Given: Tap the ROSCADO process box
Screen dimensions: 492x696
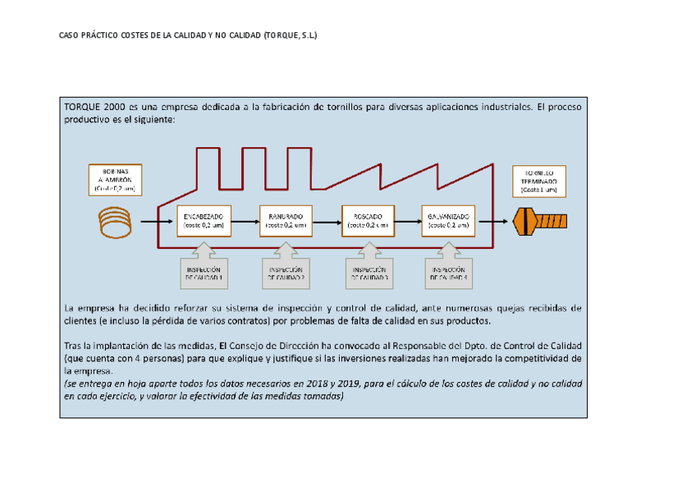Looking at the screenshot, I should click(367, 220).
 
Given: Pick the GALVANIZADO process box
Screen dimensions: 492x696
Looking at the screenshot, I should click(449, 220).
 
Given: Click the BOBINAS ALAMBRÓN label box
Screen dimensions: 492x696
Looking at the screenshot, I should click(115, 178).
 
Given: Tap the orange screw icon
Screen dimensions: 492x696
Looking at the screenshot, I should click(539, 220).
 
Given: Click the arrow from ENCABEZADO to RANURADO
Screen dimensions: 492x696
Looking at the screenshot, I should click(244, 220).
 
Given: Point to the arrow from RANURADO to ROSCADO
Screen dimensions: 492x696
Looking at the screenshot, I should click(326, 220).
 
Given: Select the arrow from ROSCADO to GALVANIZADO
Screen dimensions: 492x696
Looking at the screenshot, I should click(408, 220).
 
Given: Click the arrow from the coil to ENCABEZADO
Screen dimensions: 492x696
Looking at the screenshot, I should click(156, 220).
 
